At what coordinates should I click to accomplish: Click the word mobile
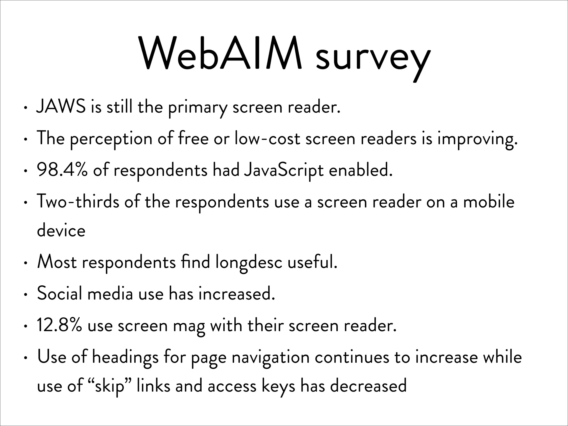coord(489,202)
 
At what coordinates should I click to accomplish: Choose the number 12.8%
coord(59,325)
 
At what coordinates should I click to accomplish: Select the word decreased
coord(368,386)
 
